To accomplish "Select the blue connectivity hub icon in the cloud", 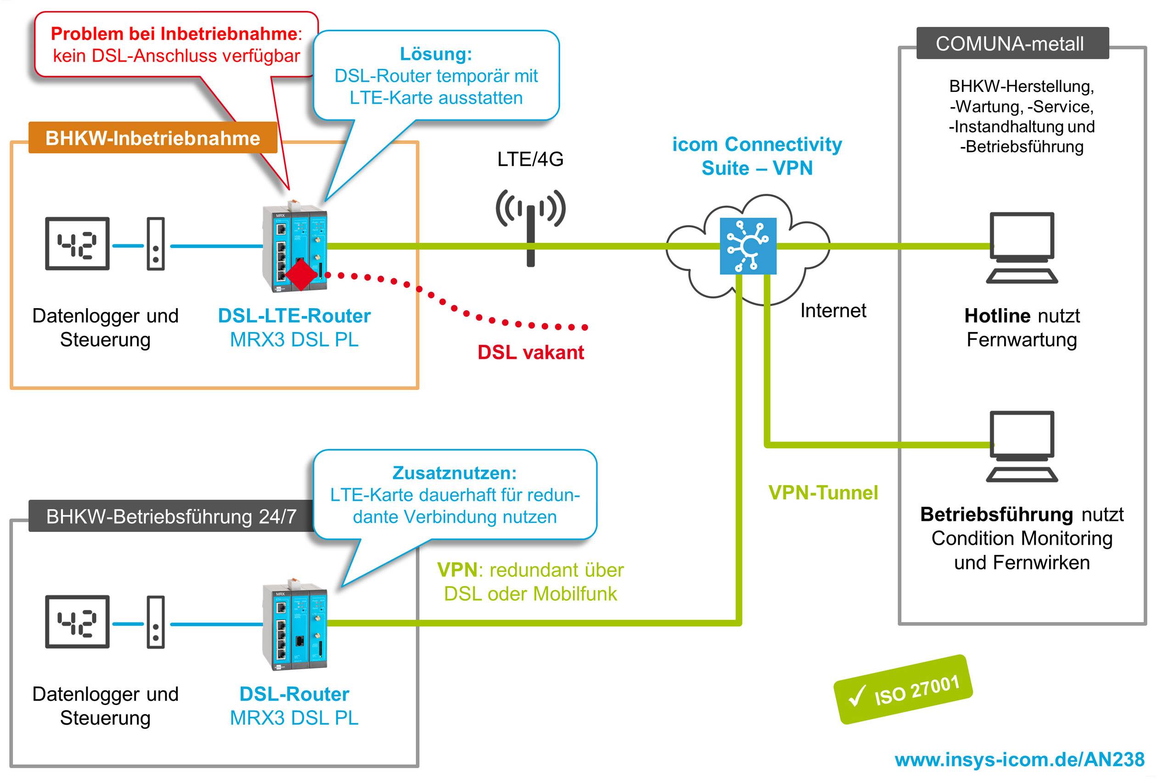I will pos(748,245).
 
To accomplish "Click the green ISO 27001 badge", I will pos(903,690).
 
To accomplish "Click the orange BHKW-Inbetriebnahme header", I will pos(152,138).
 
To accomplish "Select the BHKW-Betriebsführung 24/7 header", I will pos(171,517).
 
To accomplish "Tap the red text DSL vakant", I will pos(530,352).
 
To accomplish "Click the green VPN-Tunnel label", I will pos(823,492).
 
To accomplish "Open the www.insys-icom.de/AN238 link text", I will pos(1019,760).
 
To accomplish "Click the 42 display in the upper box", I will pos(77,243).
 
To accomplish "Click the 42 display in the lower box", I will pos(77,621).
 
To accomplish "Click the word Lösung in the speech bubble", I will pos(436,54).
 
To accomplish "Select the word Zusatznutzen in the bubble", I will pos(454,473).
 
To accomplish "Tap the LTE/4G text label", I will pos(530,159).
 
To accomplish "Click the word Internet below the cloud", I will pos(833,310).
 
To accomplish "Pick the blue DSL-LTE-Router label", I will pos(294,316).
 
